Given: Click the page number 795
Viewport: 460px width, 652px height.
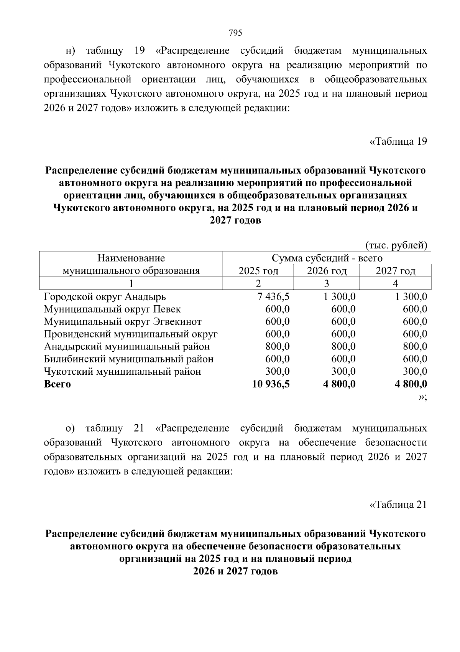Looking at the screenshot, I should click(235, 33).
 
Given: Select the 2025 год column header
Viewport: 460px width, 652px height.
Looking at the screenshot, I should click(258, 271).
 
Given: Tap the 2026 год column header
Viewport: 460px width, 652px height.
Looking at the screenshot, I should click(327, 271).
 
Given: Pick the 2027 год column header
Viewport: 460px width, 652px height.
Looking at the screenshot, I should click(395, 271).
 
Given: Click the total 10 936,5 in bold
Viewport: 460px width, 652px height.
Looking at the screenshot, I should click(271, 384).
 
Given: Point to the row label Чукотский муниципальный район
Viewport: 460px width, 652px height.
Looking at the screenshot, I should click(122, 372).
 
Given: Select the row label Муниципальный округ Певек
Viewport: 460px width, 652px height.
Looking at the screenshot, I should click(112, 309).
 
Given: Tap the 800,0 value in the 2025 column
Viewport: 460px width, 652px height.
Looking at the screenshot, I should click(278, 347).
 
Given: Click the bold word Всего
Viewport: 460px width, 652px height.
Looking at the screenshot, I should click(58, 384).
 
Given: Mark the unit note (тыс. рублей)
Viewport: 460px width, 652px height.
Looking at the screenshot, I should click(396, 245).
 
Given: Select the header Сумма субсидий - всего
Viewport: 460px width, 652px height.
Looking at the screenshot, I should click(327, 258).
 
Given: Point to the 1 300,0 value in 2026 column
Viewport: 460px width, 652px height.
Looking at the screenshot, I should click(339, 297).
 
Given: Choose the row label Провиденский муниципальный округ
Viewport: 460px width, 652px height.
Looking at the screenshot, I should click(131, 334).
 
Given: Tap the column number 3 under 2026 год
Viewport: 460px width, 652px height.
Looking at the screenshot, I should click(327, 284).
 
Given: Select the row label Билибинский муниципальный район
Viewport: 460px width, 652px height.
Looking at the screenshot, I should click(129, 359).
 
